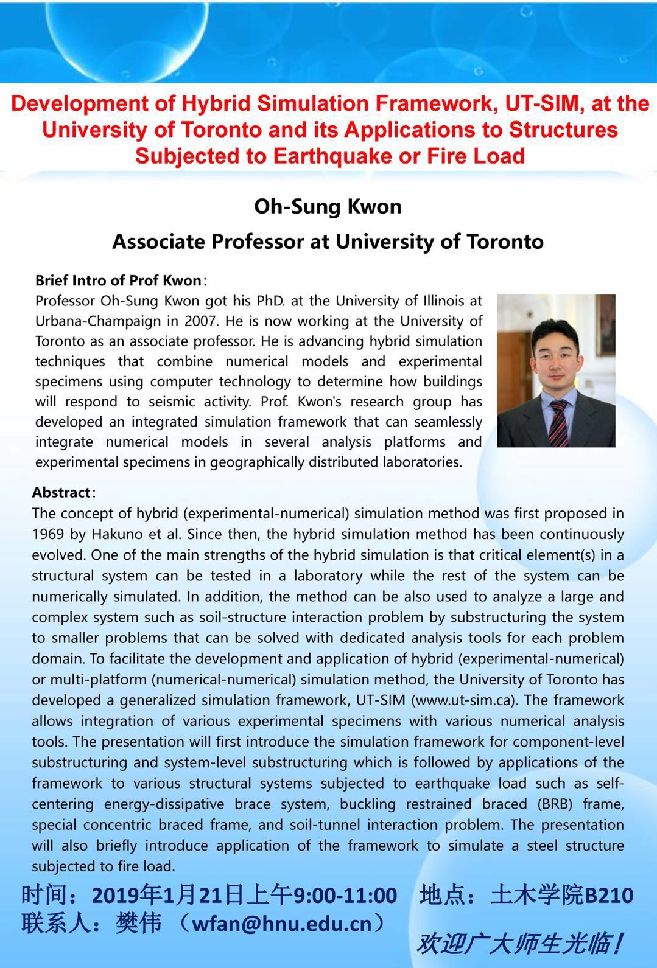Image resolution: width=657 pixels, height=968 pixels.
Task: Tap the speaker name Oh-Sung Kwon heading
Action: point(328,206)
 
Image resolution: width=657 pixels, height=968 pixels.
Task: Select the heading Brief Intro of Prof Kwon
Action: point(118,280)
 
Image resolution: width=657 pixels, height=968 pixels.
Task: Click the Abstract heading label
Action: point(61,492)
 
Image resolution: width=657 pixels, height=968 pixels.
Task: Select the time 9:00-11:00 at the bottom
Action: point(345,896)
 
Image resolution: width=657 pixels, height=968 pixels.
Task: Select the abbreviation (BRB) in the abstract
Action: point(554,804)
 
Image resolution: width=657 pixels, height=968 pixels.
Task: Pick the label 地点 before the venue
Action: point(443,896)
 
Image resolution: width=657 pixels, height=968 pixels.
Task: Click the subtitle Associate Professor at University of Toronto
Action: point(328,242)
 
